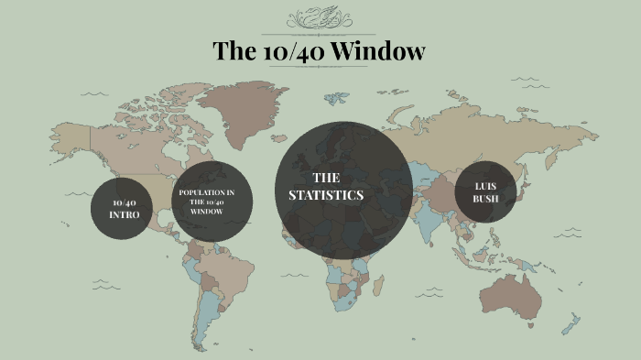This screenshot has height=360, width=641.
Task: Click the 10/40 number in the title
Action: (289, 51)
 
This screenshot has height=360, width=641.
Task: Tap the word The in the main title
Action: (234, 51)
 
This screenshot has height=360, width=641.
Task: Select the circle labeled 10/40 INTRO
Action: (121, 208)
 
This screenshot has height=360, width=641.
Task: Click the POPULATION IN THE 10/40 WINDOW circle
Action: (207, 202)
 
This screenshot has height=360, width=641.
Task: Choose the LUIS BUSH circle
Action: (485, 192)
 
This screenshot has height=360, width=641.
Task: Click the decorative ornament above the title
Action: (318, 19)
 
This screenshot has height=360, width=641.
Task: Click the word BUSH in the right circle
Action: (485, 199)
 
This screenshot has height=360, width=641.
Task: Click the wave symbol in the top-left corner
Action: (92, 93)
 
